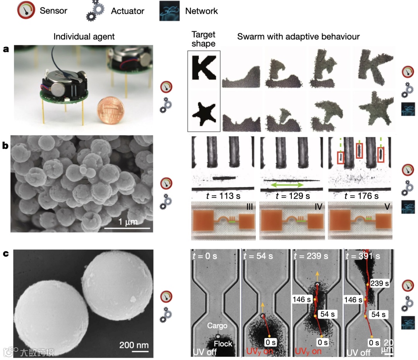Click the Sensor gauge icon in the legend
click(26, 10)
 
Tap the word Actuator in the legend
click(127, 11)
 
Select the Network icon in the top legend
click(170, 11)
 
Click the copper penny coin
click(110, 110)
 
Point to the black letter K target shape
click(204, 68)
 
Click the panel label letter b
click(5, 145)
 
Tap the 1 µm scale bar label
click(128, 221)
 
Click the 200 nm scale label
click(134, 345)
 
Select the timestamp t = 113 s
click(223, 196)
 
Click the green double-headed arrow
click(287, 185)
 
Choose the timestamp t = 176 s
click(361, 196)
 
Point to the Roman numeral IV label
click(318, 207)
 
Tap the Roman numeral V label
click(387, 207)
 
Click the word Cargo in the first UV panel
click(217, 326)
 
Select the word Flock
click(223, 344)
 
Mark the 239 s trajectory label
click(380, 283)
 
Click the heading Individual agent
click(84, 36)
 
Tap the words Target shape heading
click(204, 39)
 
